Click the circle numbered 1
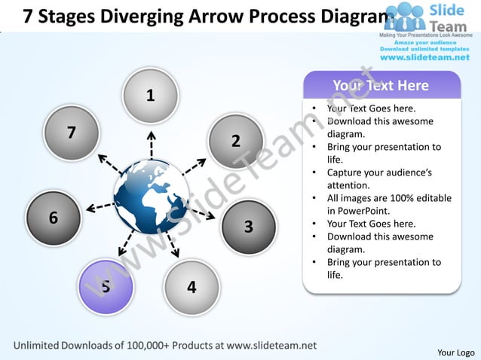coord(151,96)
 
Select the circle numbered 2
coord(235,141)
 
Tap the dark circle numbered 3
coord(249,226)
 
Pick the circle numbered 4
coord(191,287)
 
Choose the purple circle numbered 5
coord(106,285)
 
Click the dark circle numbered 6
coord(54,218)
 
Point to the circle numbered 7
coord(72,133)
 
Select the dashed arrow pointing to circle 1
coord(151,145)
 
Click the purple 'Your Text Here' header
coord(381,85)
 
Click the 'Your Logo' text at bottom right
coord(455,352)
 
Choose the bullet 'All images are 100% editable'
coord(389,198)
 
